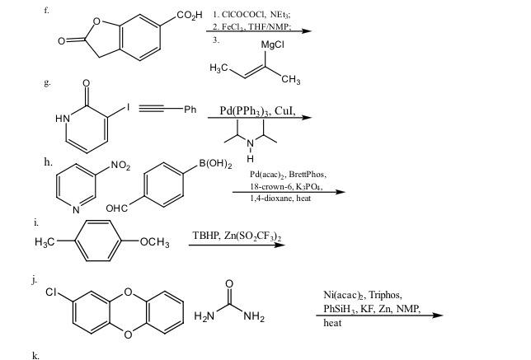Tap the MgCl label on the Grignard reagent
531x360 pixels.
tap(271, 44)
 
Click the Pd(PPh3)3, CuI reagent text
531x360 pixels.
tap(258, 110)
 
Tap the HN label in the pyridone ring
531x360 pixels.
tap(63, 119)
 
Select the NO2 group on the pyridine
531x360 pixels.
tap(120, 167)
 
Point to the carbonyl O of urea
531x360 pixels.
tap(229, 285)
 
